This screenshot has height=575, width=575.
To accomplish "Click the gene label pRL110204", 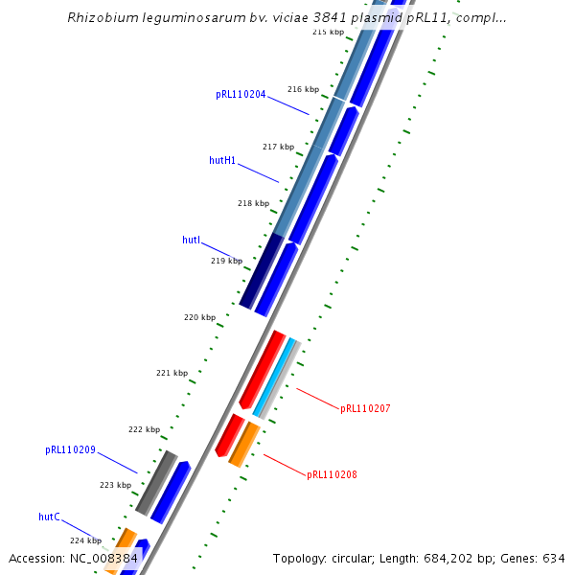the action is [x=241, y=95].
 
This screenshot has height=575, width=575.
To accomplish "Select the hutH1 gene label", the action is [x=222, y=160].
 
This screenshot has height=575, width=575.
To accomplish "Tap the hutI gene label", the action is [x=191, y=240].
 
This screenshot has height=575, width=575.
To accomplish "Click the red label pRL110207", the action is [x=365, y=409].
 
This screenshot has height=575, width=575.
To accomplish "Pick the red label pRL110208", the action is [x=332, y=475].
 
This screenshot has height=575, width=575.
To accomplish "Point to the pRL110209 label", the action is [x=70, y=449].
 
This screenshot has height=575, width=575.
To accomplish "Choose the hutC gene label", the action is [x=49, y=517].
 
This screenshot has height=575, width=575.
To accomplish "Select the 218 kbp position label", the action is [x=253, y=203].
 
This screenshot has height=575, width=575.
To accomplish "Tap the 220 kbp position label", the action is [x=200, y=317].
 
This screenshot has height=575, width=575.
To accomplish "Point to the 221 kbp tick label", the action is [x=172, y=373].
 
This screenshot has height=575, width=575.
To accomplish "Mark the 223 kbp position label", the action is [x=115, y=485].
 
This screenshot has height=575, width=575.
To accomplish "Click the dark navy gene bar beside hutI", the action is [x=261, y=271].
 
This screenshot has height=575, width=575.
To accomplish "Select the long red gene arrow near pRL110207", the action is [x=263, y=369].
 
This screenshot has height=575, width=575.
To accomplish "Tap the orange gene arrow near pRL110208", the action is [x=244, y=443].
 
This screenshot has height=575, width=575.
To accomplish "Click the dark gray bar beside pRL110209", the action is [x=156, y=481].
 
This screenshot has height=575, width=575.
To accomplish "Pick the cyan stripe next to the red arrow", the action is [x=274, y=377].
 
